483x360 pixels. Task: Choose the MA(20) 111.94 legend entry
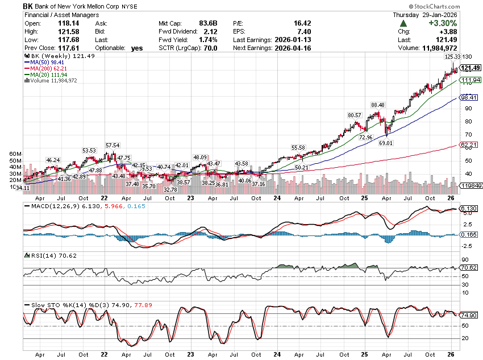click(43, 75)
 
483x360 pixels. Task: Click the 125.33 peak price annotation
click(452, 57)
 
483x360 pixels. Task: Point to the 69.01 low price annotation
click(386, 143)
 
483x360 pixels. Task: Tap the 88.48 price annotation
click(378, 105)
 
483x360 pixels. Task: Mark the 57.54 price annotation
click(113, 146)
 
